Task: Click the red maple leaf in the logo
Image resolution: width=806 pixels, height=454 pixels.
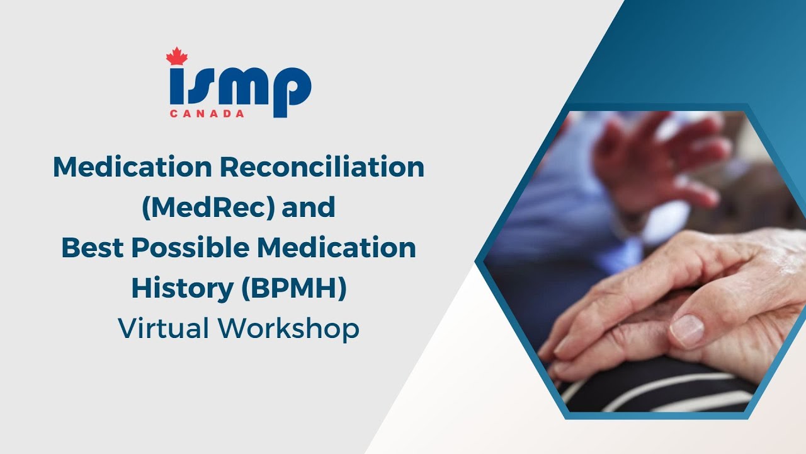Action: pos(177,56)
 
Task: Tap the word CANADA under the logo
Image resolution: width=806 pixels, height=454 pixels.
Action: pos(207,114)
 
